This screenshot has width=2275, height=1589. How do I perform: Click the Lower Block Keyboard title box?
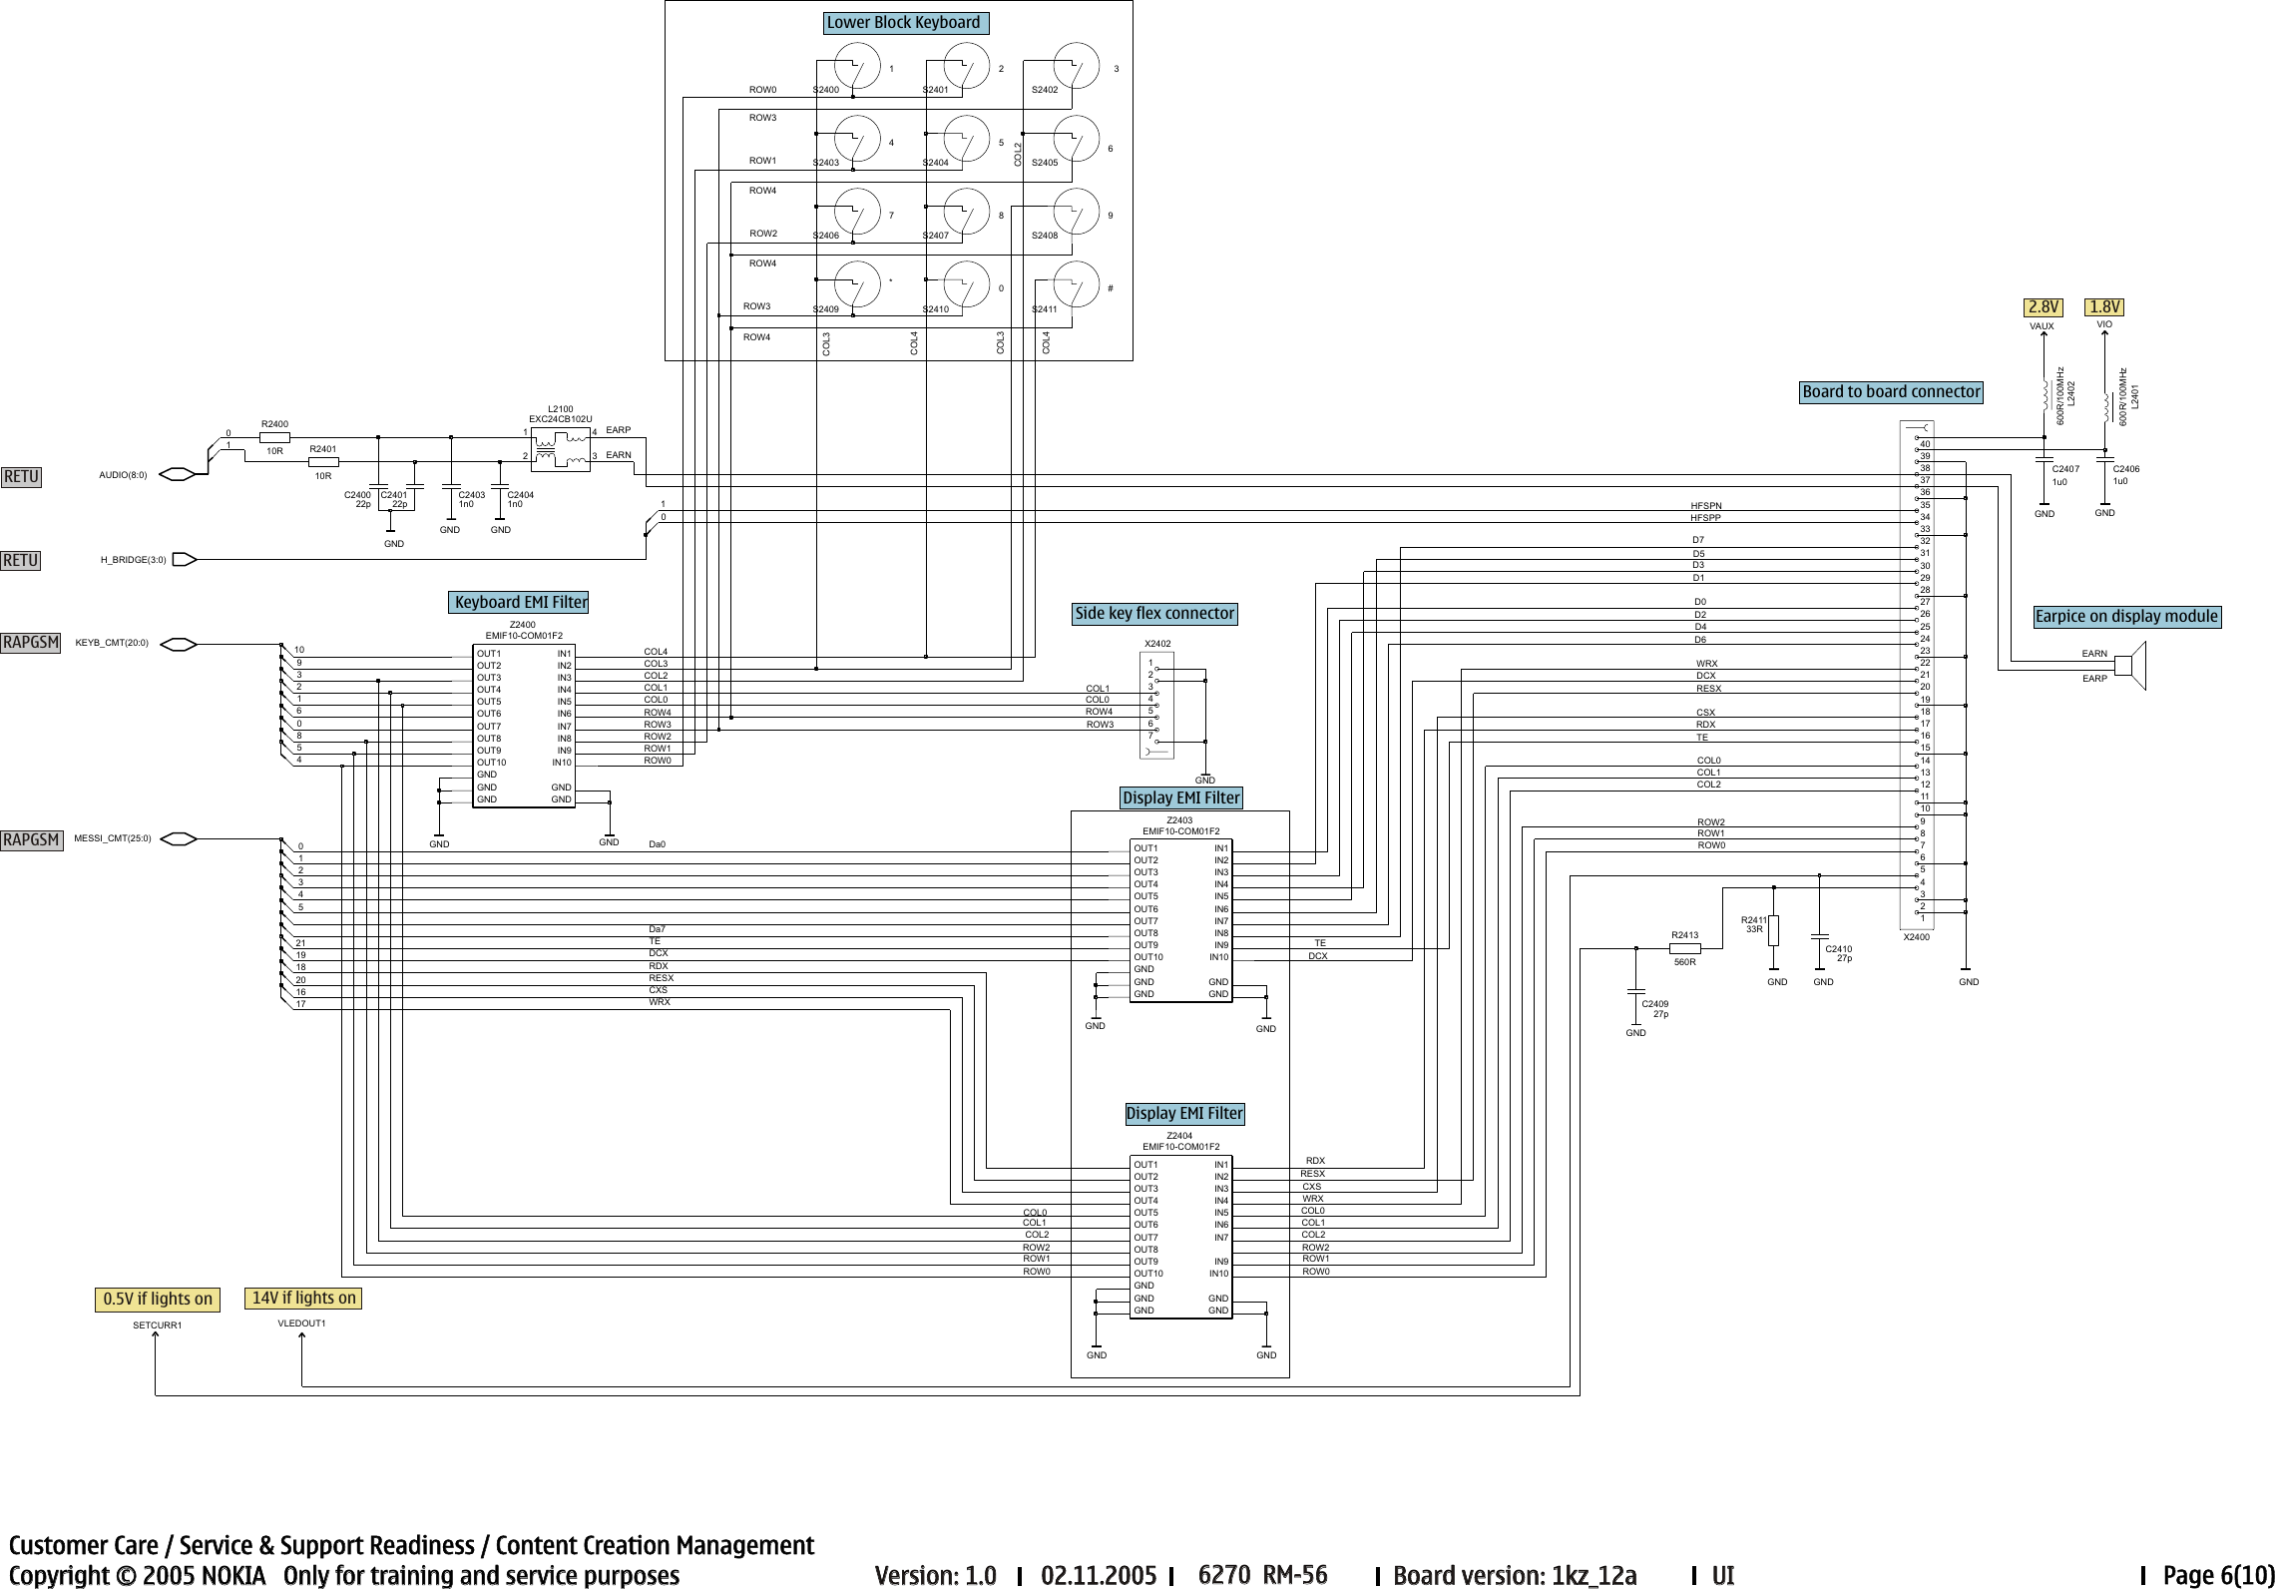pos(905,22)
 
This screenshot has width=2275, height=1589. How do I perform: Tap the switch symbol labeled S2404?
pos(965,139)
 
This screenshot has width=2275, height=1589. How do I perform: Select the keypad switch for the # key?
pos(1076,283)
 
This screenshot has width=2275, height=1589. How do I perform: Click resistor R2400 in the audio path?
pos(274,437)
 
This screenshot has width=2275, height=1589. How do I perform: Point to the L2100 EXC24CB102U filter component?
pos(560,448)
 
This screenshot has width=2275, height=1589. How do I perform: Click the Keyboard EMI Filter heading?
pos(519,602)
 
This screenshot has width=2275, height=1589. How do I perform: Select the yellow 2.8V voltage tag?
pos(2043,306)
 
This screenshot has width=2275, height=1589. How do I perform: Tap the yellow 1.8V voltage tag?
pos(2105,306)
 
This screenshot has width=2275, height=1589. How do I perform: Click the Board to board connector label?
pos(1891,391)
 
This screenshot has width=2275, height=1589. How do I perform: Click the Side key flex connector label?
pos(1154,613)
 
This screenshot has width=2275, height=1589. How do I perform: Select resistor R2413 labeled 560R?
pos(1684,948)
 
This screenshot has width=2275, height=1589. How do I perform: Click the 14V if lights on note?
pos(303,1298)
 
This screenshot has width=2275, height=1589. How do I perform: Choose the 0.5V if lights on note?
pos(158,1299)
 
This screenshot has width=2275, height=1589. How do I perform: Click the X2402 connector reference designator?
pos(1157,644)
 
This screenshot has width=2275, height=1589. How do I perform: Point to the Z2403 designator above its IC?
pos(1179,819)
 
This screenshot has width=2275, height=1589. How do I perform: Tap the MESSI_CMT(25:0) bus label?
pos(113,838)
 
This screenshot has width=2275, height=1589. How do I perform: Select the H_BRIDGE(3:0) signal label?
pos(133,560)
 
